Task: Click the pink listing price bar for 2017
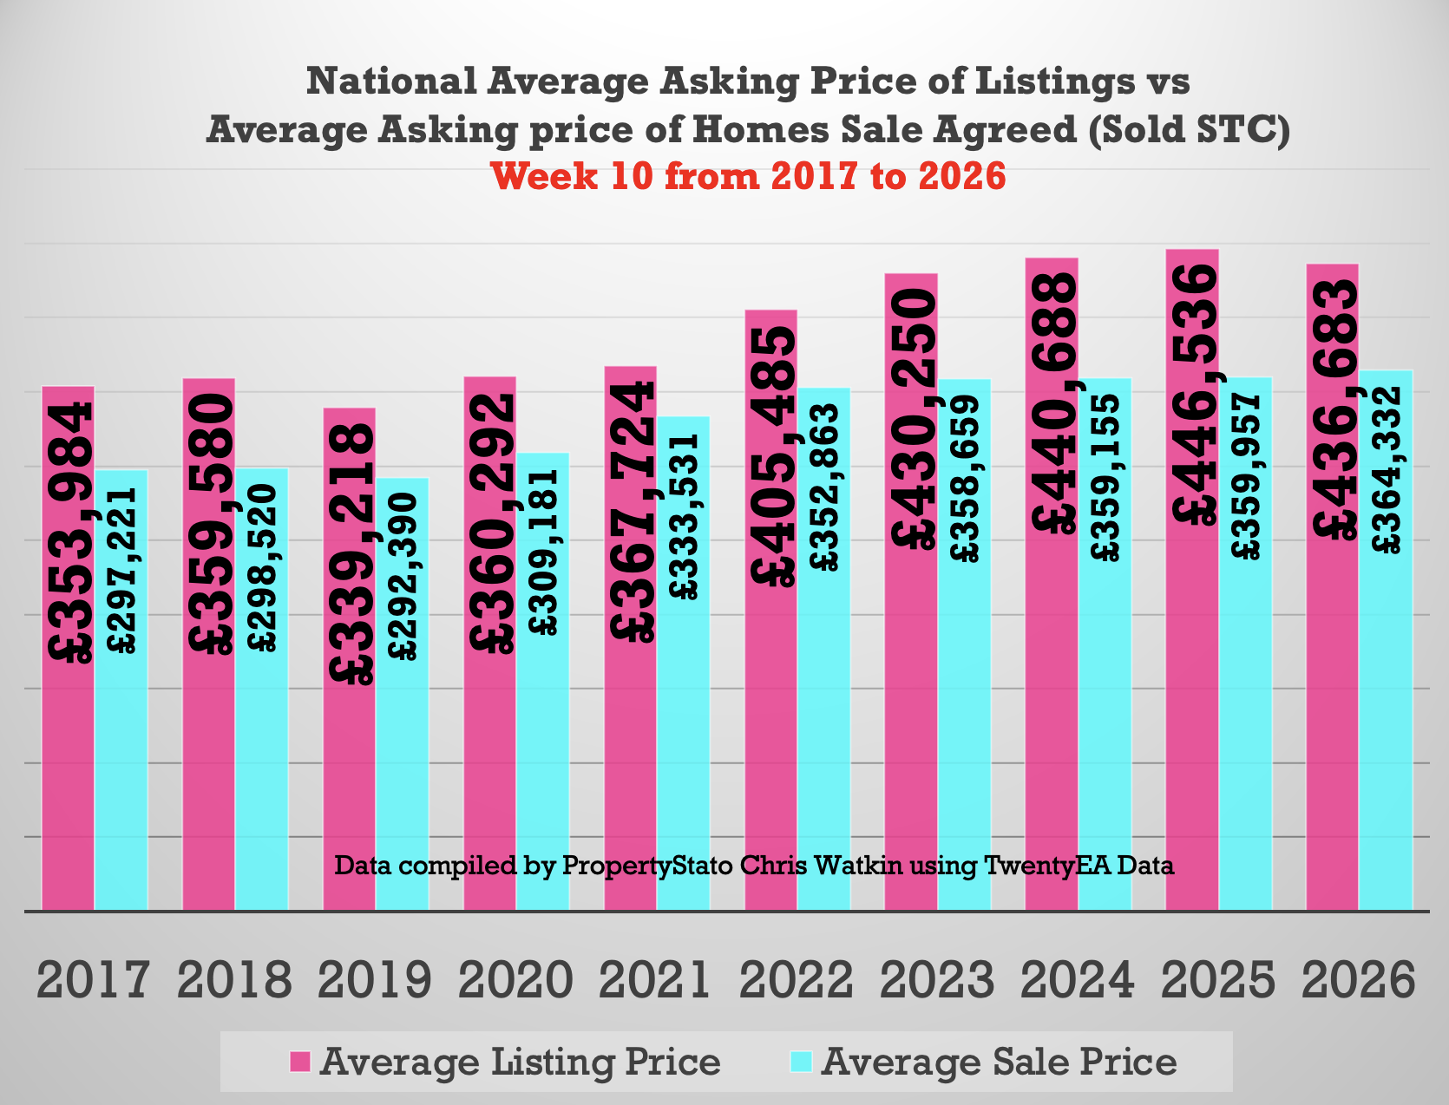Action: point(68,781)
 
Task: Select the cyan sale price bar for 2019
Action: point(402,781)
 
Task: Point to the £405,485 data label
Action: point(771,456)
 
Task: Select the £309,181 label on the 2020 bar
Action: point(544,552)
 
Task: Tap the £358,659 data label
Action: point(965,479)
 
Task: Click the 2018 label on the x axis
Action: point(234,981)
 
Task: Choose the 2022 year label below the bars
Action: point(797,981)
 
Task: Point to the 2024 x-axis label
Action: point(1078,981)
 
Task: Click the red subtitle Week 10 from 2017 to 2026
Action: point(748,176)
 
